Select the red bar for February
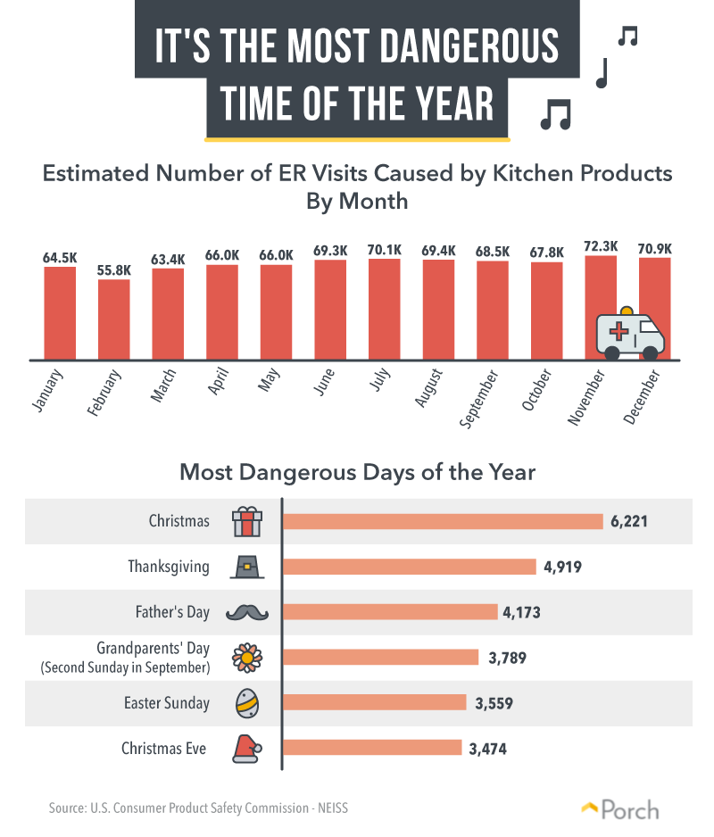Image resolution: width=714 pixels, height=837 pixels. tap(113, 319)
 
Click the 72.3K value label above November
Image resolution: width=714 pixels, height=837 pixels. tap(601, 246)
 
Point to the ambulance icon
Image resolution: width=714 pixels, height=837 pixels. tap(630, 333)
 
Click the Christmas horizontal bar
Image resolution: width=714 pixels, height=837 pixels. tap(443, 521)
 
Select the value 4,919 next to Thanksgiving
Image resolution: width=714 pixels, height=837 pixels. tap(562, 567)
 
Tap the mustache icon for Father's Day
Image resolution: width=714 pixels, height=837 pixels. tap(247, 612)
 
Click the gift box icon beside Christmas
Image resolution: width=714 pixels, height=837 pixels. tap(247, 521)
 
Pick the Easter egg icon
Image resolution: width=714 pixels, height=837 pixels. tap(247, 703)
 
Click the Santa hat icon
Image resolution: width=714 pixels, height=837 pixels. tap(247, 749)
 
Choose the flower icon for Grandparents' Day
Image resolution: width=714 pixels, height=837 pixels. tap(247, 658)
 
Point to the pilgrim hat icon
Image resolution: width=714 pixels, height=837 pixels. tap(247, 567)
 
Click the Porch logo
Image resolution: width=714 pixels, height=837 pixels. tap(620, 809)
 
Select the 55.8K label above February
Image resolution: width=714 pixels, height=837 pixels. tap(113, 270)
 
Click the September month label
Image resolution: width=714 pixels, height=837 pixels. tap(478, 398)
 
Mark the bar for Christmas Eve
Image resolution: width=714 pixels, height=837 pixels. tap(372, 748)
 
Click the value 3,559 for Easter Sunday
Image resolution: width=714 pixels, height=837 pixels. tap(494, 703)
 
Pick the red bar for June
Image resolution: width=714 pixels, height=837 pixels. tap(330, 310)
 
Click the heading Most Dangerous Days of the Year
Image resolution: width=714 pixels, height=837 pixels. tap(357, 472)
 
